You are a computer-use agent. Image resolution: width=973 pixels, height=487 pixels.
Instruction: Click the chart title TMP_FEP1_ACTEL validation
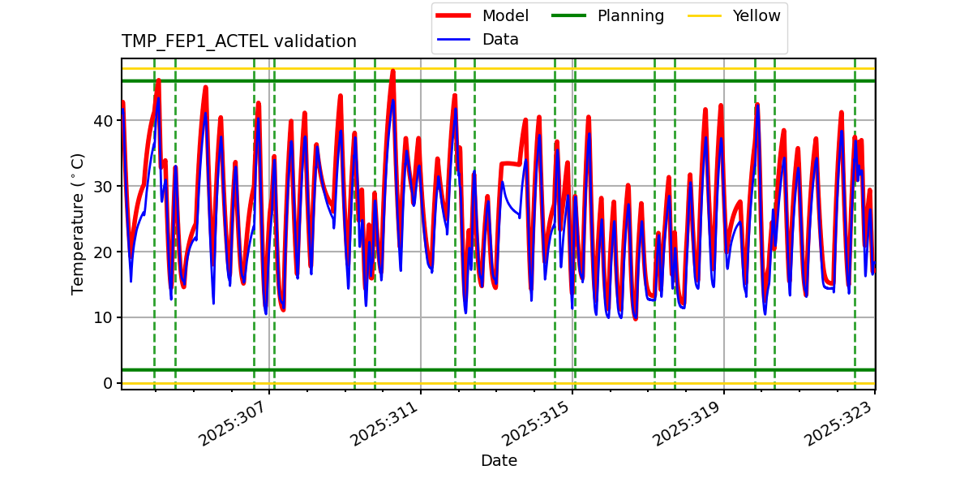(x=238, y=41)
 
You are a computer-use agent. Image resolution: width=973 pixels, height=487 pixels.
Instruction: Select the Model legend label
(x=505, y=16)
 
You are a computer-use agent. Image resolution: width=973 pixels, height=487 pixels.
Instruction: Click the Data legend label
(x=500, y=40)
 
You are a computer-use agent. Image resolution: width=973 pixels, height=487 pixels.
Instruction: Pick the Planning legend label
(x=630, y=16)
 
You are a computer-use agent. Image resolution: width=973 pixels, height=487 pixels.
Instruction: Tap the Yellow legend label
(x=756, y=16)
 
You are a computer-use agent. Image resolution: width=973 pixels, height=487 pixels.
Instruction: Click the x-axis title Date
(x=499, y=461)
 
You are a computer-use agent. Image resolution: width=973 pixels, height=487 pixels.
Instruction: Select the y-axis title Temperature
(x=78, y=223)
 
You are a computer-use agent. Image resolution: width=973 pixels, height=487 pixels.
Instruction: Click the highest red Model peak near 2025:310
(x=392, y=71)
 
